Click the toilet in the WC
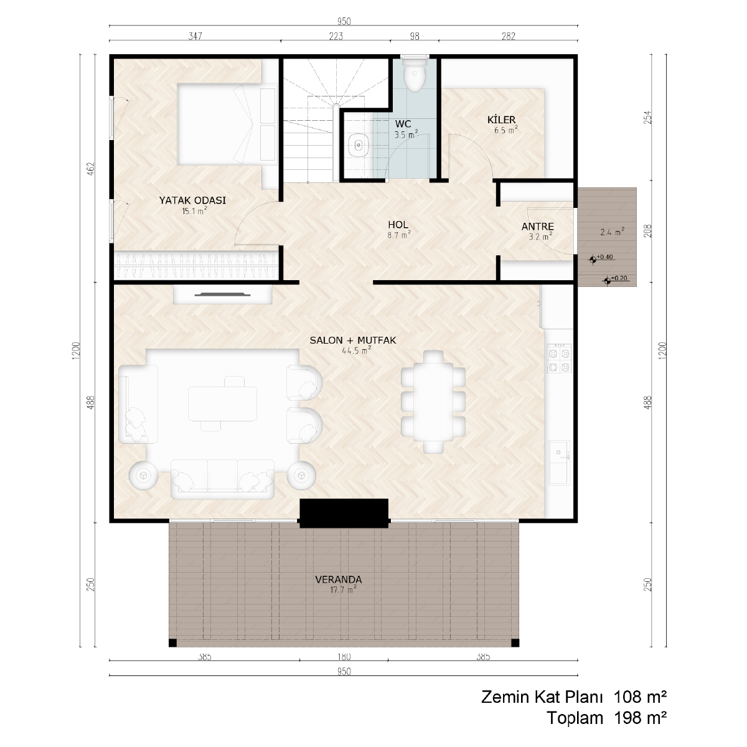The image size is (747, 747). coord(415,75)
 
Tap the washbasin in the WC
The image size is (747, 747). coord(358,146)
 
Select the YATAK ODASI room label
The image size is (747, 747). coord(192,200)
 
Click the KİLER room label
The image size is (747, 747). coord(501,120)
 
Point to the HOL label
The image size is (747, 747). coord(398,225)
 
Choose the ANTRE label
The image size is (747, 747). coord(537,227)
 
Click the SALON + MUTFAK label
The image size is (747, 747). coord(353,341)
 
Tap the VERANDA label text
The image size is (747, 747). coord(339,580)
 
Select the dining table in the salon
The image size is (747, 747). coord(433,402)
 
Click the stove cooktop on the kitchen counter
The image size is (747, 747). coord(558,359)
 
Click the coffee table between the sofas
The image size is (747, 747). coord(222,403)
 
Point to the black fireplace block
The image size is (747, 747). coord(344,513)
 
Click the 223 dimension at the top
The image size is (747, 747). coord(336,36)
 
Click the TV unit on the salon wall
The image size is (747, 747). coord(222,294)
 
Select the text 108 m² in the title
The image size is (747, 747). coord(640,697)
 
